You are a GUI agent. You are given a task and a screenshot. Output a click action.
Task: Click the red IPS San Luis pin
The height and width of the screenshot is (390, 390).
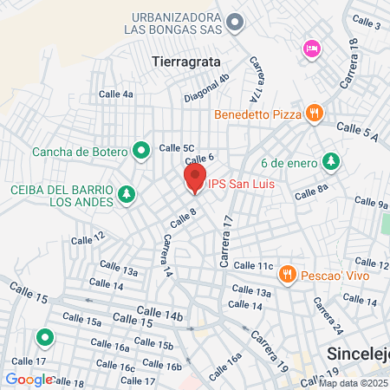pos(193,179)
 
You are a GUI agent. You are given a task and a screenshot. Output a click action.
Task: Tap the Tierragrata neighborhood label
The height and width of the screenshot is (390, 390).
pos(185,62)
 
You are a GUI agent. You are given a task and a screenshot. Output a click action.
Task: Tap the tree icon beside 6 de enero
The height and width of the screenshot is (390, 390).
pos(330,161)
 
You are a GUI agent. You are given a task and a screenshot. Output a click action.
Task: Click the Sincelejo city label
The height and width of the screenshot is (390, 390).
pos(358,354)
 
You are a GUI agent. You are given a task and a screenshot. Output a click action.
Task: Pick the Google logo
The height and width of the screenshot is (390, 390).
pos(29,379)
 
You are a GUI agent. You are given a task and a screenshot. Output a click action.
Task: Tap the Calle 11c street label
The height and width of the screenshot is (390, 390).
pos(254,265)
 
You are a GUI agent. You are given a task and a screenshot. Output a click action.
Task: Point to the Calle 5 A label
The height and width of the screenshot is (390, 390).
pos(358,131)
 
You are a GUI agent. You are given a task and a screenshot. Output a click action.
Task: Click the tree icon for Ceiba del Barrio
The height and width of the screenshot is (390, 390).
pos(127,194)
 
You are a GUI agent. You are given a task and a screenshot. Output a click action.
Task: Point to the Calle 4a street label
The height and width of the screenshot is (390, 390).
pos(115,94)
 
